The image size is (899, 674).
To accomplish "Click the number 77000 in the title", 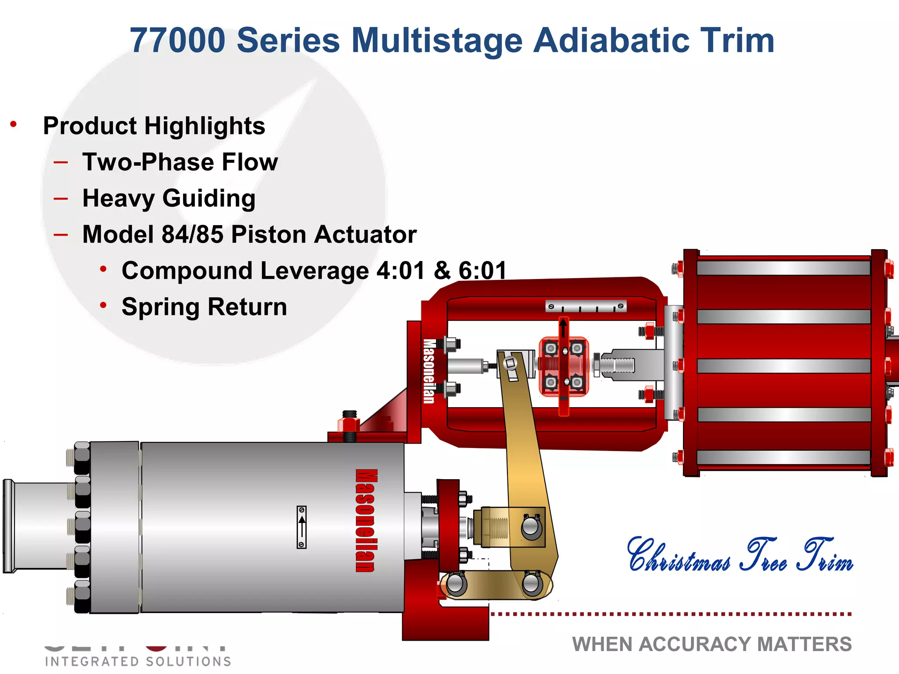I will [177, 40].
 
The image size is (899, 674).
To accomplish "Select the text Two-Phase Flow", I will [180, 162].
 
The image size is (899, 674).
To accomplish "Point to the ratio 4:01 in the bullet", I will [401, 270].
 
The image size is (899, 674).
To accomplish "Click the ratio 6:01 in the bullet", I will [482, 270].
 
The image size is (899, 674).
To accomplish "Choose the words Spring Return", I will [204, 307].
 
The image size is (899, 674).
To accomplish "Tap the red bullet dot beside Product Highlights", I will [14, 125].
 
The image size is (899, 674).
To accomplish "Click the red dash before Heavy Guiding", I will [61, 199].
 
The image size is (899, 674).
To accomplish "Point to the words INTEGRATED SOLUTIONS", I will [138, 661].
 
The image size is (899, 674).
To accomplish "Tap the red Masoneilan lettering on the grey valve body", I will [366, 520].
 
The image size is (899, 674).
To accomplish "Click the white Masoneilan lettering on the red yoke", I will [429, 371].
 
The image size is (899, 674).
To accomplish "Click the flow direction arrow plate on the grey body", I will [302, 527].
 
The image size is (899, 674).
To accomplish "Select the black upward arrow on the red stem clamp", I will [563, 328].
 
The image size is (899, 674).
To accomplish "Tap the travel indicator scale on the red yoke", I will [586, 306].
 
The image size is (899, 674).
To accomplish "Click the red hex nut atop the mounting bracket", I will [349, 424].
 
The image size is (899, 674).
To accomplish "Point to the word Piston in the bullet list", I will [268, 234].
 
